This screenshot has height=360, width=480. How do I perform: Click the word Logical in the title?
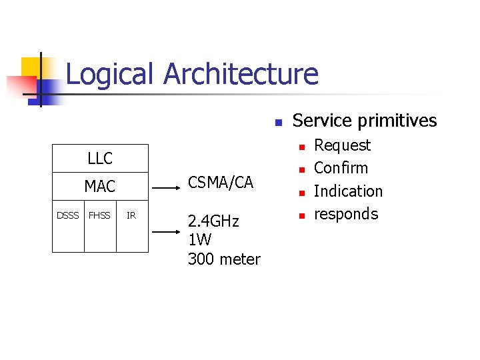[x=111, y=74]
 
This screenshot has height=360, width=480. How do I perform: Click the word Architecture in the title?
[x=241, y=74]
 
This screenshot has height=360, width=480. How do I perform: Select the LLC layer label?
[x=100, y=159]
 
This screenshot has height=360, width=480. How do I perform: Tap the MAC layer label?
[x=100, y=186]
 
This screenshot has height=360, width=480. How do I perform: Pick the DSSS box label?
[x=67, y=215]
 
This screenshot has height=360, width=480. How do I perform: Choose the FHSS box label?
[x=100, y=215]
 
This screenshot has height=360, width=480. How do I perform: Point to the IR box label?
[x=131, y=215]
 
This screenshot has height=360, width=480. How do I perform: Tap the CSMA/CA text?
[x=221, y=182]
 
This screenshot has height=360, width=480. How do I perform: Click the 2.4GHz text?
[x=213, y=221]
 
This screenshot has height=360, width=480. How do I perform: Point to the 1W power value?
[x=199, y=240]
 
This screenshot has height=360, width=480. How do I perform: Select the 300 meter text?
[x=224, y=259]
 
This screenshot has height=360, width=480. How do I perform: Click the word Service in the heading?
[x=322, y=121]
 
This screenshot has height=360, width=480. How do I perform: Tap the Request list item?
[x=342, y=145]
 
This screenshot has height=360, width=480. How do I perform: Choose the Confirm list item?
[x=341, y=168]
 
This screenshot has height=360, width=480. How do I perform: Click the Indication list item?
[x=348, y=191]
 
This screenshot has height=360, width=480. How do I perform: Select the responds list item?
[x=345, y=214]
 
